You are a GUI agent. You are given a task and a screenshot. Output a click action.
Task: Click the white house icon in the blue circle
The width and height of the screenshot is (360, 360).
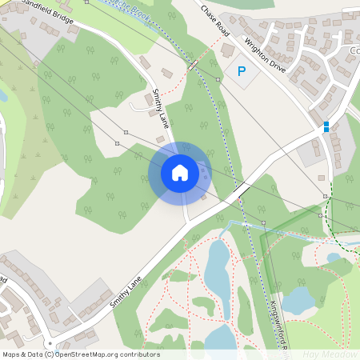[x=180, y=173]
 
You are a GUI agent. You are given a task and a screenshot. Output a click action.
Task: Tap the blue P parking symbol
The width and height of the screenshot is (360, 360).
[x=242, y=72]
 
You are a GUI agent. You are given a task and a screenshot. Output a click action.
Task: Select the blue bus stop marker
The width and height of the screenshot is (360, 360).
[x=326, y=126]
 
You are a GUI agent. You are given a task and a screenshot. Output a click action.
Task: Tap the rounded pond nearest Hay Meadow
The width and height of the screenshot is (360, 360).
[x=298, y=300]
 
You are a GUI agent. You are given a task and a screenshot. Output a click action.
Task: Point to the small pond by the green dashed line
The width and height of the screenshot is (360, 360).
[x=334, y=258]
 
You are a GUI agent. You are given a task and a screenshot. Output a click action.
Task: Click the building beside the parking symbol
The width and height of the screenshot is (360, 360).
[x=228, y=50]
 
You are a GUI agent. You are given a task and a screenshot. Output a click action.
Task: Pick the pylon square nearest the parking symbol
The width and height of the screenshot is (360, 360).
[x=218, y=81]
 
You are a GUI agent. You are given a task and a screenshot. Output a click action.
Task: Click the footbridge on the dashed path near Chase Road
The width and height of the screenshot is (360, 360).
[x=193, y=64]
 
